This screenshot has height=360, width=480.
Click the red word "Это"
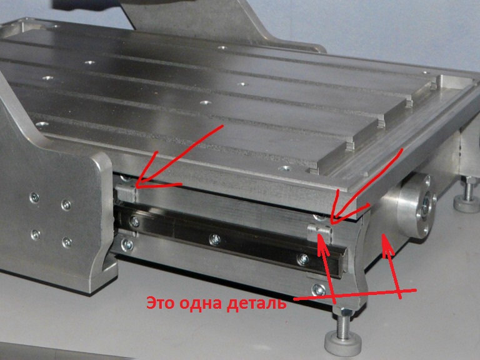(x=161, y=303)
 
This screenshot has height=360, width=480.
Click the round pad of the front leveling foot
(x=343, y=345)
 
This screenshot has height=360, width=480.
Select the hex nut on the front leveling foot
(x=343, y=312)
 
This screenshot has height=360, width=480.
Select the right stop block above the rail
(x=319, y=232)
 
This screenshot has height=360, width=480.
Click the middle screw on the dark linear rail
(x=215, y=239)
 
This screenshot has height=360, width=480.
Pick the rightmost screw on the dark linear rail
(x=302, y=259)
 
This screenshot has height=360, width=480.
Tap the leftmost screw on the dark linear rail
(x=134, y=221)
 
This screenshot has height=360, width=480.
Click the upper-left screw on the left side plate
(x=34, y=198)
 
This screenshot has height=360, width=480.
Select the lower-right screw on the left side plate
(x=67, y=242)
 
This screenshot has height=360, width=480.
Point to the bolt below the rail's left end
(x=127, y=244)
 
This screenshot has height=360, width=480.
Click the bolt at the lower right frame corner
(x=319, y=289)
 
